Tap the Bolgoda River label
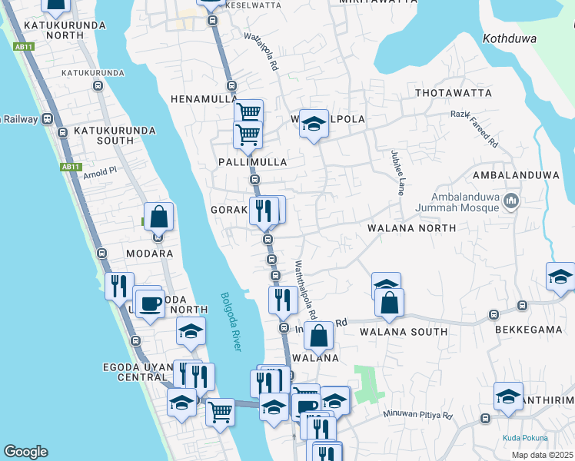point(230,322)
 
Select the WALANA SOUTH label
point(403,332)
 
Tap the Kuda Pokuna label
point(527,438)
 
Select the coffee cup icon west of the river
point(149,302)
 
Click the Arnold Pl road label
point(99,171)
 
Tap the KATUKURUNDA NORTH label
point(54,31)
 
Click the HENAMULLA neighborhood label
point(202,99)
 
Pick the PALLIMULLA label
point(252,162)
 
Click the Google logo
point(25,452)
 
